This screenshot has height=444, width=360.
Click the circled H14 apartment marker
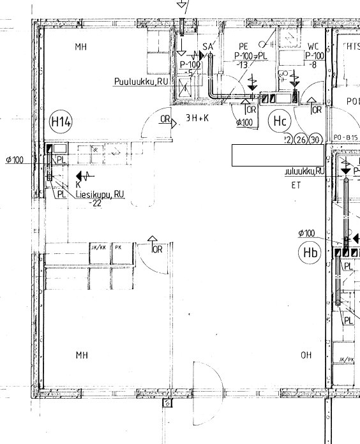coord(61,121)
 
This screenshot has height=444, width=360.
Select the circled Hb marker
coord(310,253)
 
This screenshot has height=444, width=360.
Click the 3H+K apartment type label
coord(197,119)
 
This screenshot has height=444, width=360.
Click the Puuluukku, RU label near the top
coord(141,82)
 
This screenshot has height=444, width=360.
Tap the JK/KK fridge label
coord(98,247)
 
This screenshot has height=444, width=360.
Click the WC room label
coord(313,47)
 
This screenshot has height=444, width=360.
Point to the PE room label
coord(243,47)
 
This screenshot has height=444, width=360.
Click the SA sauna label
coord(207,47)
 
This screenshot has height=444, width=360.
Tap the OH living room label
coord(306,355)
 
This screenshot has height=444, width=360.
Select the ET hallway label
coord(296,186)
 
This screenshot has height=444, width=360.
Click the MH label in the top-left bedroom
coord(80,47)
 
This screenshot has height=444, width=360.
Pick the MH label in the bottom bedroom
coord(81,355)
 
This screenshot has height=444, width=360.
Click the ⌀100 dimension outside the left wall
coord(14,159)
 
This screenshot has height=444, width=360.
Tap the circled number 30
coord(315,140)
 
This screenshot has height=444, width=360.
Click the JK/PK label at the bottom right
coord(345,360)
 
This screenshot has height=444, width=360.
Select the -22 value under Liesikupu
coord(96,204)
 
